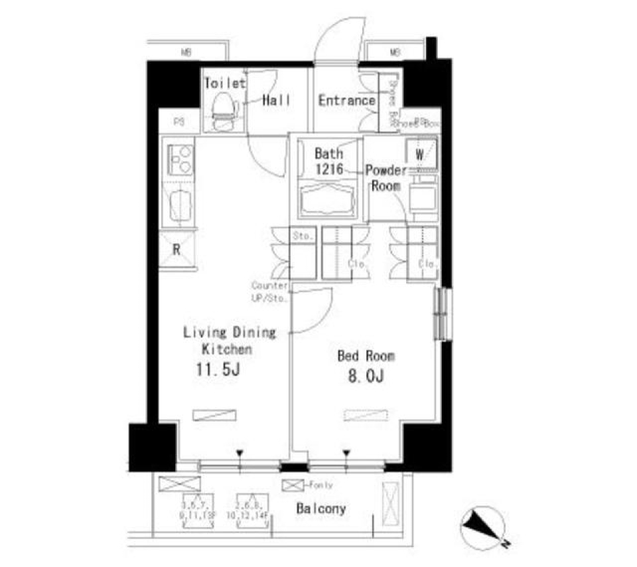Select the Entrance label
pos(346,101)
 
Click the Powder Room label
pos(386,178)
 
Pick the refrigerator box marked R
pos(177,250)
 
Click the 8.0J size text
pos(366,377)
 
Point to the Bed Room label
pos(366,357)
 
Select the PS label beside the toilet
pos(178,121)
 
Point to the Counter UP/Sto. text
pos(269,291)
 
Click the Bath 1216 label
pos(328,161)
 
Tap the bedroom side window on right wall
pos(441,313)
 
